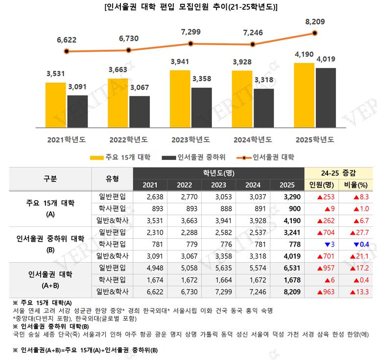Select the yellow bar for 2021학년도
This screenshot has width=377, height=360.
coord(55,105)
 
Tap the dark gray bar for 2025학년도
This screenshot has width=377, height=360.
coord(326,98)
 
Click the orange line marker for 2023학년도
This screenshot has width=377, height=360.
coord(190,44)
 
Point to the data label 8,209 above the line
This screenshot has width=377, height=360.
coord(315,22)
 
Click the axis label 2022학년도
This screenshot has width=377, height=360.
coord(128,140)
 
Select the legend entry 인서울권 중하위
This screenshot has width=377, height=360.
coord(193,157)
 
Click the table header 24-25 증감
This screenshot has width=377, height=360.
coord(338,173)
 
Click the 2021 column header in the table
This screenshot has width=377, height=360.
coord(150,185)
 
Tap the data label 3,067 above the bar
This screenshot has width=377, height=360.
coord(140,88)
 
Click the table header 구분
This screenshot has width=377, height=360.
coord(50,179)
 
